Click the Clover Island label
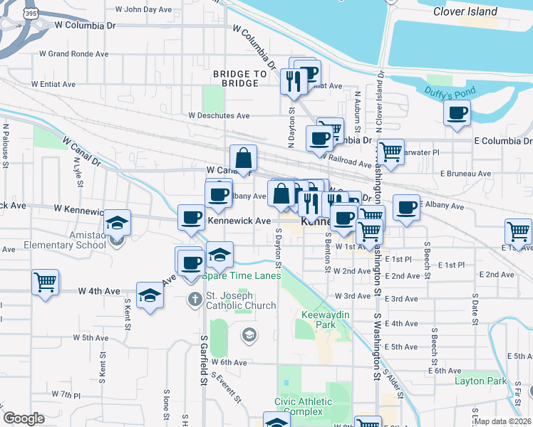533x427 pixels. tap(466, 11)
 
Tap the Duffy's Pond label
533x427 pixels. tap(449, 91)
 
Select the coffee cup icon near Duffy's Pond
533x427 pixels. tap(456, 112)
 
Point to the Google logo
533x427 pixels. tap(24, 418)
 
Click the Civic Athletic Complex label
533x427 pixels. tap(303, 406)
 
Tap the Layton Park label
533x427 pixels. tap(480, 381)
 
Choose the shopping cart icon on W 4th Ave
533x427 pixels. tap(45, 282)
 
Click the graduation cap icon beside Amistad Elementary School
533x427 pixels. tap(117, 223)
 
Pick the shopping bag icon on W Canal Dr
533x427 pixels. tap(243, 159)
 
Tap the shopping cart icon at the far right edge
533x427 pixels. tap(518, 231)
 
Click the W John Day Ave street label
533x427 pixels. tap(148, 9)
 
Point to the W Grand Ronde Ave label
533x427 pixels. tap(74, 53)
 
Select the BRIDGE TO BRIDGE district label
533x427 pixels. tap(239, 78)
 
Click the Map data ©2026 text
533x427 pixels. tap(502, 421)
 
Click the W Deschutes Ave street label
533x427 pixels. tap(219, 115)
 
